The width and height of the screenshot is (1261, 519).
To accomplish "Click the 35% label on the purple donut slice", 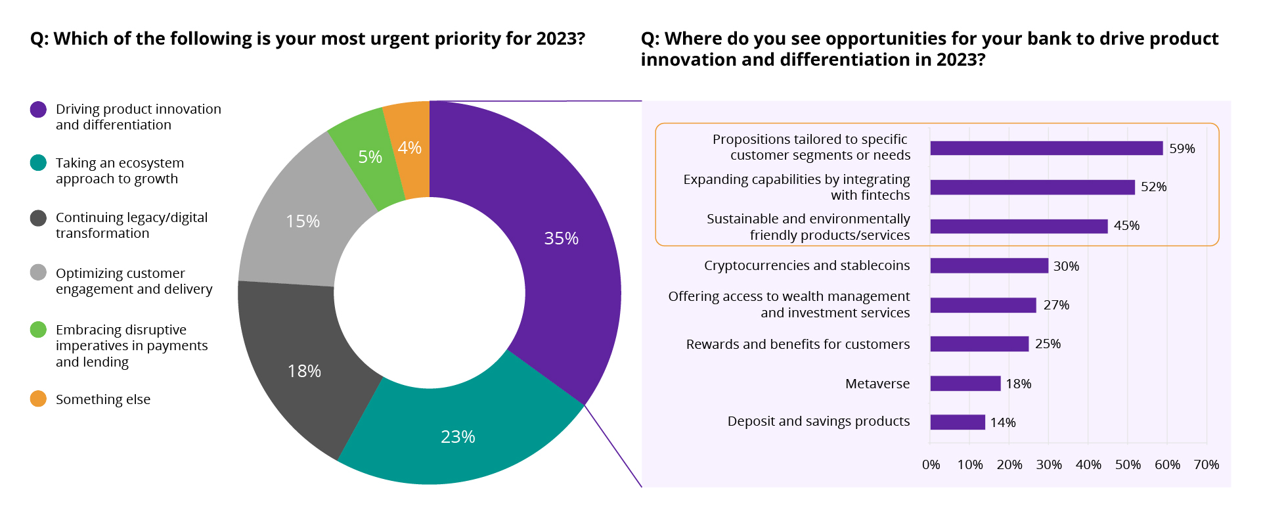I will [561, 238].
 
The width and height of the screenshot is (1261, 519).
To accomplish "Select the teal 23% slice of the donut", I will [458, 436].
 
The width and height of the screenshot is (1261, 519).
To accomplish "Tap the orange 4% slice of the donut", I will [409, 148].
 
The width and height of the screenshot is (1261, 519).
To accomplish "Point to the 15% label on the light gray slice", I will [303, 221].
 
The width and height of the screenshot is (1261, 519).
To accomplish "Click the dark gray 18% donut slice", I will [304, 371].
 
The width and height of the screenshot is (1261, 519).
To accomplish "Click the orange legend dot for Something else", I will [38, 399].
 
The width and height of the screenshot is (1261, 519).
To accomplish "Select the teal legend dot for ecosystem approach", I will [38, 162].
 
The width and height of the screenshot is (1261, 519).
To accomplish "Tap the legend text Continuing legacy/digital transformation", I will [131, 225].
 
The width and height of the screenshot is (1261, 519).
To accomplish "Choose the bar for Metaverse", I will [965, 384].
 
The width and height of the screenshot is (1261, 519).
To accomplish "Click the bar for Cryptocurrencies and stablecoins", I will [988, 265].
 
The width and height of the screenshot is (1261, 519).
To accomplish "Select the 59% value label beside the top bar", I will [1182, 148].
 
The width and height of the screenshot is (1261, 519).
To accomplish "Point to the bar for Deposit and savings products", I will [957, 422].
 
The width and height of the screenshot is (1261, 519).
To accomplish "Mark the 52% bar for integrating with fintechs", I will [1032, 187].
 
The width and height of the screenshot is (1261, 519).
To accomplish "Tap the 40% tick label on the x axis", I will [1088, 464].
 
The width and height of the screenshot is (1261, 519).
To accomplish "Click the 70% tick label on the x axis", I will [1206, 464].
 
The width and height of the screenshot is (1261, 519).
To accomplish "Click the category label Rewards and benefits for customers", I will [797, 344].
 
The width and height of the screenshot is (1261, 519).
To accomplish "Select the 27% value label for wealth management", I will [1056, 305].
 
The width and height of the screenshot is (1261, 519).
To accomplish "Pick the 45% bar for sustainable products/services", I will [1018, 226].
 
